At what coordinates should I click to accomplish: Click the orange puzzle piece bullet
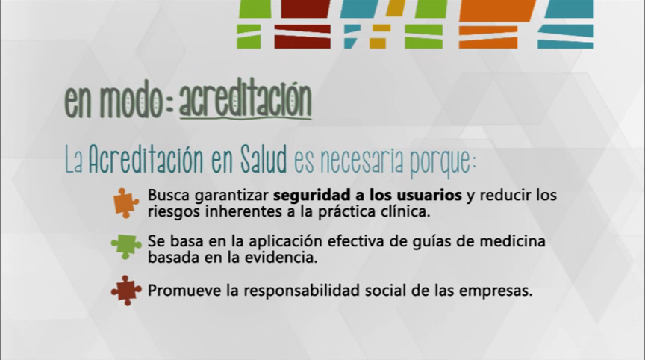[126, 203]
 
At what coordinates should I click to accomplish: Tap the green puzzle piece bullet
[126, 246]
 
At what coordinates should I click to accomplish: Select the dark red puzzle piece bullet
[126, 291]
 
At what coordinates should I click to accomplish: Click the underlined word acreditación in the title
[245, 100]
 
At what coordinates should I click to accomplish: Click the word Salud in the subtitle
[264, 159]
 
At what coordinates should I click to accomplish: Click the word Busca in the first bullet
[169, 195]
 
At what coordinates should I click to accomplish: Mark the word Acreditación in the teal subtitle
[146, 159]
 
